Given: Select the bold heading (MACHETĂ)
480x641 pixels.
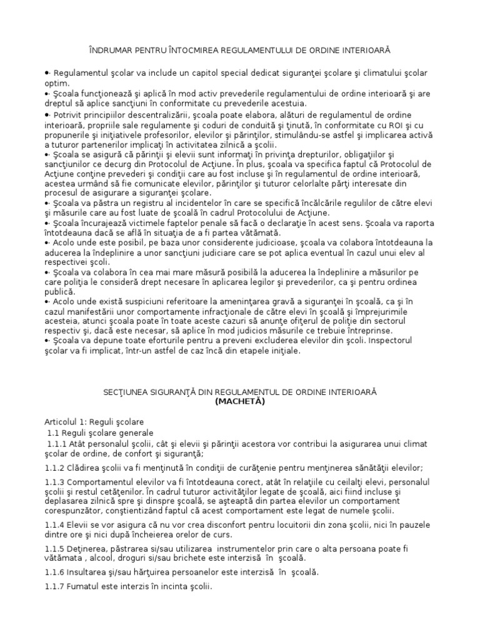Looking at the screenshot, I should (240, 401).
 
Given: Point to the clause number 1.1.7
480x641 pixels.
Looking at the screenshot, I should (54, 587).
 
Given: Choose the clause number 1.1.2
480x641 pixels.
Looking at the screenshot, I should (54, 467).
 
